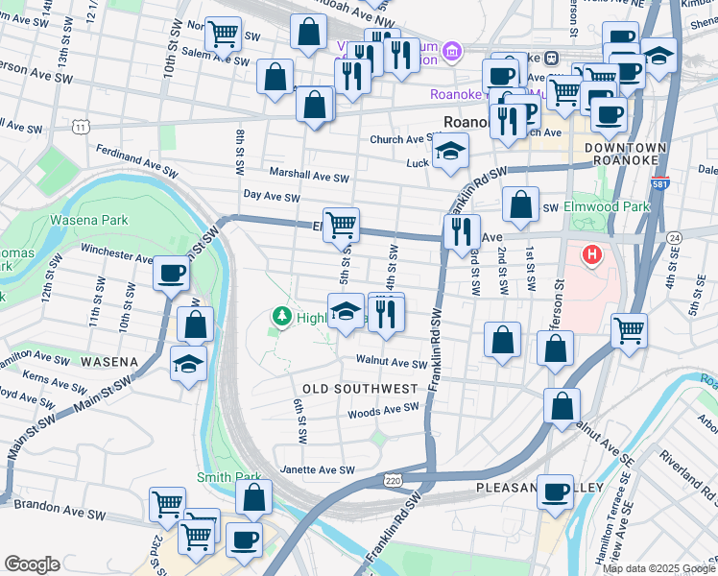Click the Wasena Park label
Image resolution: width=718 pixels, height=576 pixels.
tap(89, 220)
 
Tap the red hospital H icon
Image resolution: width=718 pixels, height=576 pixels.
tap(592, 256)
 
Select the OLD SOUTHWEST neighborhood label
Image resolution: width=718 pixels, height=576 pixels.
tap(360, 389)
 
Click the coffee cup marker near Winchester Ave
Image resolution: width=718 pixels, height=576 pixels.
tap(172, 274)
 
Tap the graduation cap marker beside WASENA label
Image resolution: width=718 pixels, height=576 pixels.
tap(188, 364)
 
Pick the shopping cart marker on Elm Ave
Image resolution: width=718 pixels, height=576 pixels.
tap(342, 226)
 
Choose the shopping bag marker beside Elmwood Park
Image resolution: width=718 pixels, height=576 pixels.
tap(519, 205)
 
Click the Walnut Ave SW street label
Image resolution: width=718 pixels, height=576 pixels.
tap(391, 364)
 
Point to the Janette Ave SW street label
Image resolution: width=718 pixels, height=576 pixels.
tap(317, 470)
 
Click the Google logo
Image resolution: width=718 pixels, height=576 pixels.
tap(33, 564)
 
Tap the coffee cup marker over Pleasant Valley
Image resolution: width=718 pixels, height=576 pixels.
tap(555, 492)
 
